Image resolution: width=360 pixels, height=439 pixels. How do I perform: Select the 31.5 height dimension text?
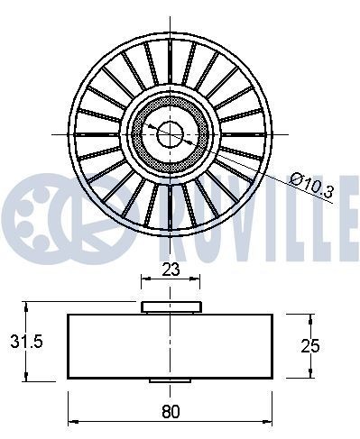click(x=20, y=343)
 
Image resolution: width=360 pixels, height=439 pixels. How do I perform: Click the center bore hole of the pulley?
click(x=171, y=134)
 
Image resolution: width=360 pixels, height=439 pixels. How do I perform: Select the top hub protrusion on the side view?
click(x=171, y=308)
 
